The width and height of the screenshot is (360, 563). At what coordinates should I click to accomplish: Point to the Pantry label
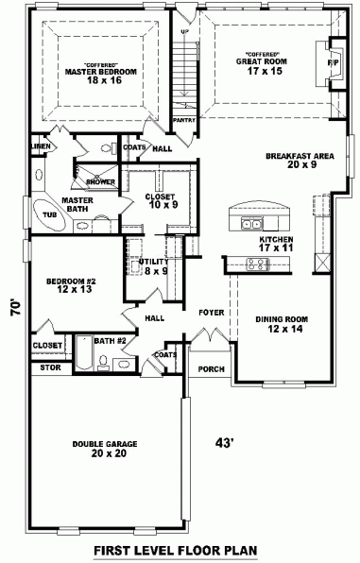coord(184,121)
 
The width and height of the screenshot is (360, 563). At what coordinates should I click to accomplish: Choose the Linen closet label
coord(40,146)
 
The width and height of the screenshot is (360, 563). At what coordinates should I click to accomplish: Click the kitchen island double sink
coord(251,224)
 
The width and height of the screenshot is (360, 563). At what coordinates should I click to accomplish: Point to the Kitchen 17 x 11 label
coord(277,245)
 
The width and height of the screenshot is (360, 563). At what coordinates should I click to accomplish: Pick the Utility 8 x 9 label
coord(155,266)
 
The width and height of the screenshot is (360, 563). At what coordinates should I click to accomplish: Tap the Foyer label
coord(210,312)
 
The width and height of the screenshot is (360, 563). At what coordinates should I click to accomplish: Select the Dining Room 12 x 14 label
coord(279,324)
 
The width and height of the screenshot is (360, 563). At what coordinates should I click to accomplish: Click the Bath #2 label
coord(110,340)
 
